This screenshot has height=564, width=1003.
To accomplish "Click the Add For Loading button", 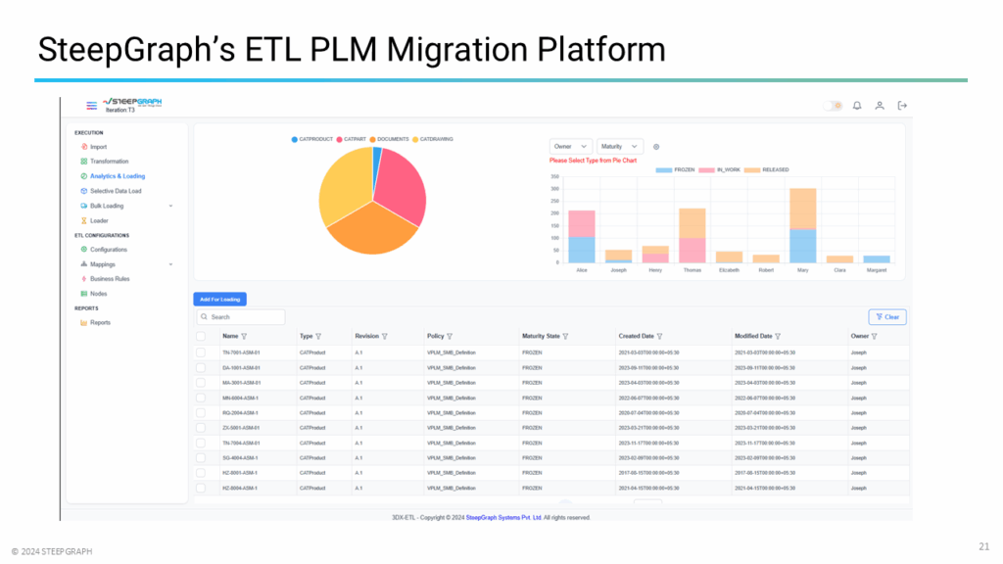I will point(219,299).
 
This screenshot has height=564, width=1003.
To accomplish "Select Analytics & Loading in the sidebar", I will point(117,176).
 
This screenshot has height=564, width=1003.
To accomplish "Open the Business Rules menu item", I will point(110,279).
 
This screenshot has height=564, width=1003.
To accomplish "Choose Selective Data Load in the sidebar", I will point(116,191).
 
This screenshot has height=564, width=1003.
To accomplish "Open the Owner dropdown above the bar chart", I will point(570,146).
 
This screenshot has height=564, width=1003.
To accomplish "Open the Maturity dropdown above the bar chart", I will point(620,146).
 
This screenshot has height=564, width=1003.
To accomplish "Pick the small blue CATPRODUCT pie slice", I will point(377,156).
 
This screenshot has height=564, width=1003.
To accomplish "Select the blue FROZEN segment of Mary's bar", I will point(802,246).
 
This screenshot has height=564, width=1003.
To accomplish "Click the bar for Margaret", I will point(877,259).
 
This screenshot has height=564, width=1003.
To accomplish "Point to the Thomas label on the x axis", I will point(692,270).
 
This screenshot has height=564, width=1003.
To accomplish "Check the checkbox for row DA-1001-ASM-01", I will point(201,367).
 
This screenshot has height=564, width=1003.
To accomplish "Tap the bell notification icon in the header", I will point(856,106).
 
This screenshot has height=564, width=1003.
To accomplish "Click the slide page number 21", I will point(983,545).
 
